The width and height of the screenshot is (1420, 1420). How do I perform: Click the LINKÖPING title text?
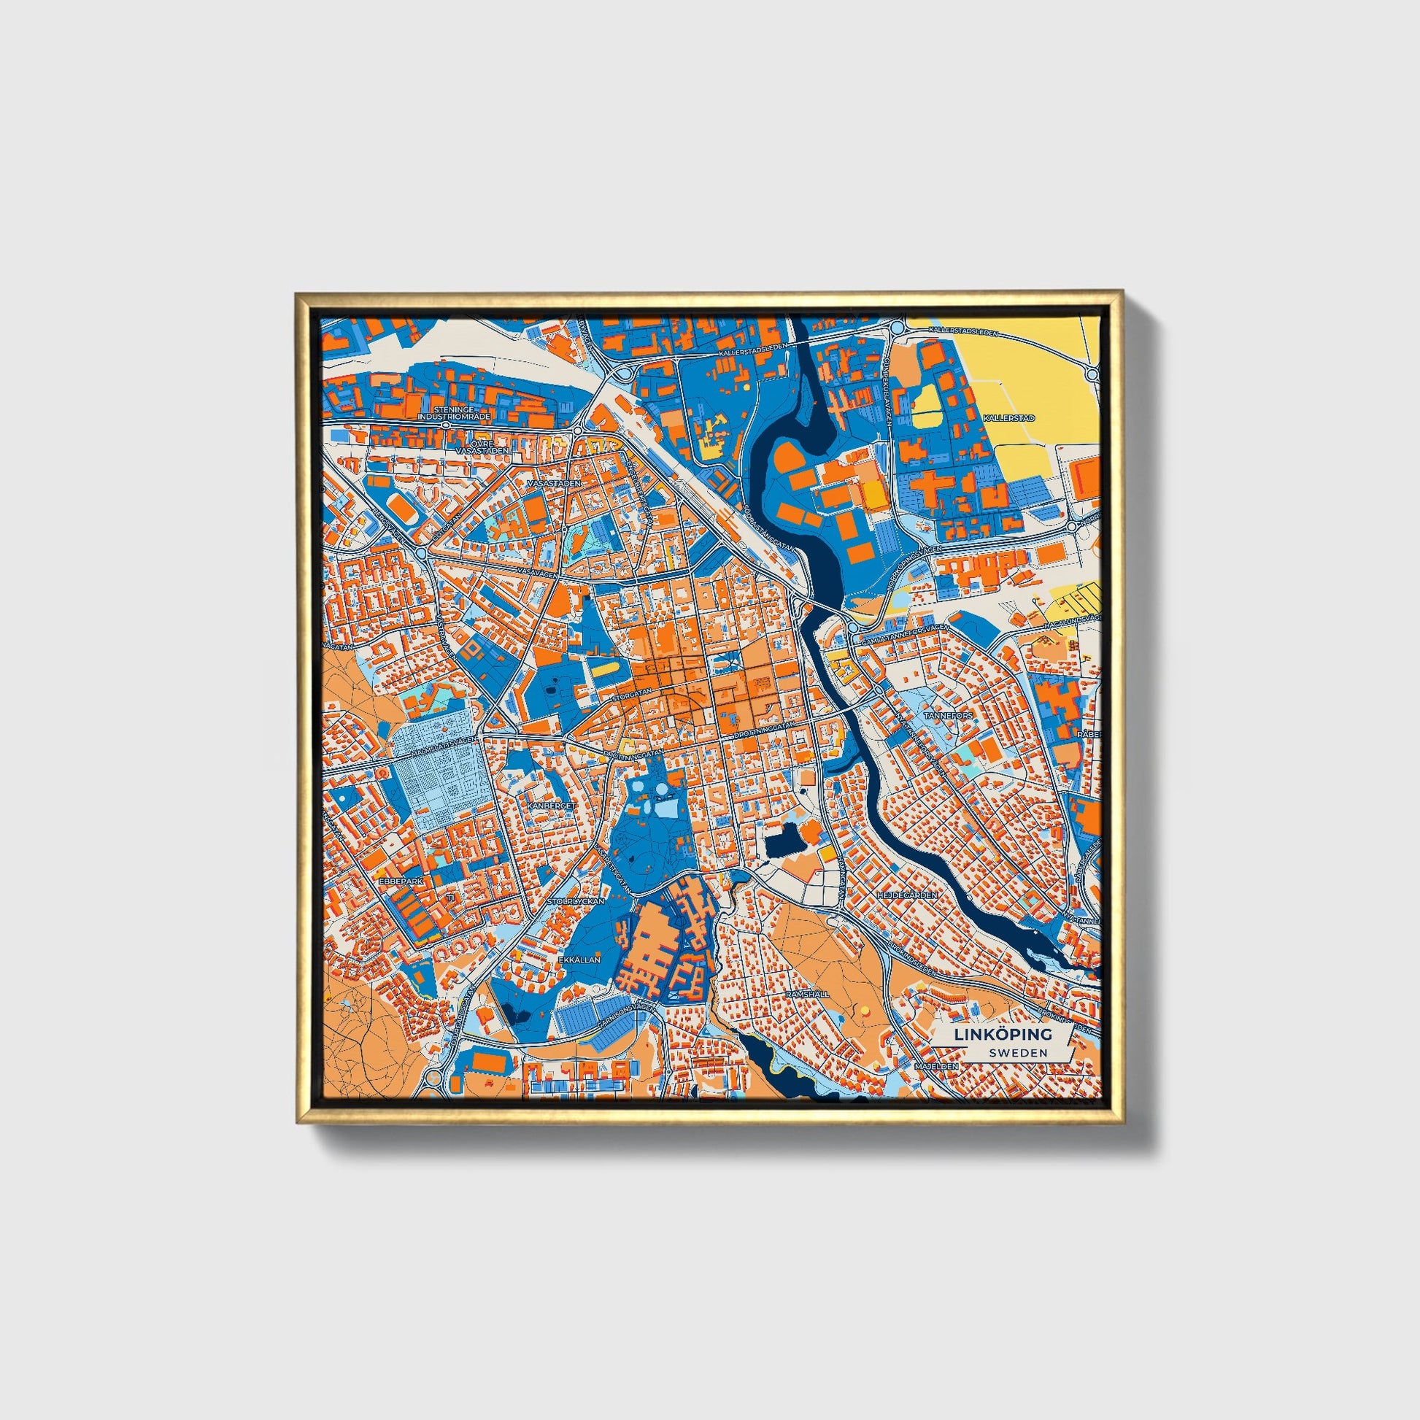coord(1003,1034)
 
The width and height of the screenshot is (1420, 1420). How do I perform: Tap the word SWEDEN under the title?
coord(1018,1052)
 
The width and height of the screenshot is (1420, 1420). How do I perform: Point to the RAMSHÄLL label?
coord(807,993)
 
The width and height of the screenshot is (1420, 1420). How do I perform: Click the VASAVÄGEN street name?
coord(534,571)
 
